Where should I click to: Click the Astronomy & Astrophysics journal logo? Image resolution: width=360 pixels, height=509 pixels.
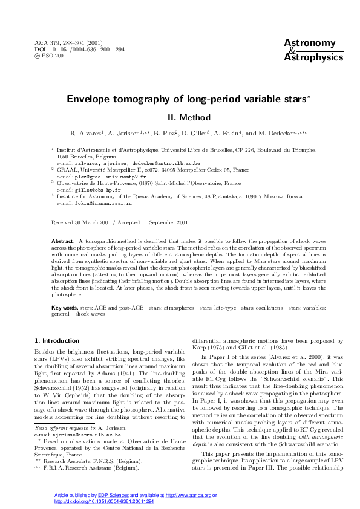pos(309,50)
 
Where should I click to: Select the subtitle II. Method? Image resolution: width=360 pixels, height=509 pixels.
pos(180,117)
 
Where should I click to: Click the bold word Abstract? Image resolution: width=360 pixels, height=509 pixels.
pos(63,241)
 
